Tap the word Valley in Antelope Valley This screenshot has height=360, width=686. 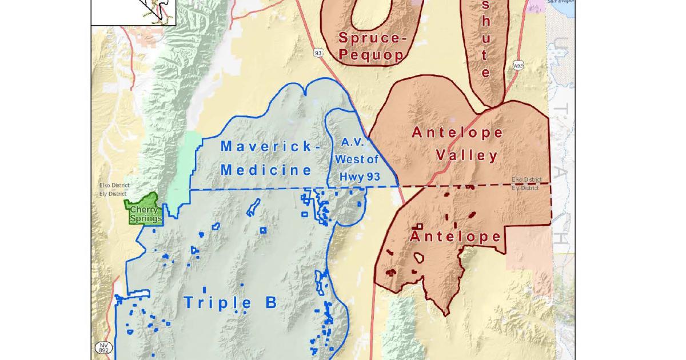(x=466, y=155)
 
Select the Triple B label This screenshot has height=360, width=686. (x=230, y=302)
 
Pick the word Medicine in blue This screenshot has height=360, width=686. (x=266, y=170)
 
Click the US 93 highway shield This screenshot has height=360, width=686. (x=318, y=53)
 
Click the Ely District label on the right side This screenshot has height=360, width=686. (x=526, y=187)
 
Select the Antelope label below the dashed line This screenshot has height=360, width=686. (x=456, y=236)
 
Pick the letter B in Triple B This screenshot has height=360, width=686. (x=270, y=302)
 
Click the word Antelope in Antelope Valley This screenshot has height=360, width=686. (x=457, y=133)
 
